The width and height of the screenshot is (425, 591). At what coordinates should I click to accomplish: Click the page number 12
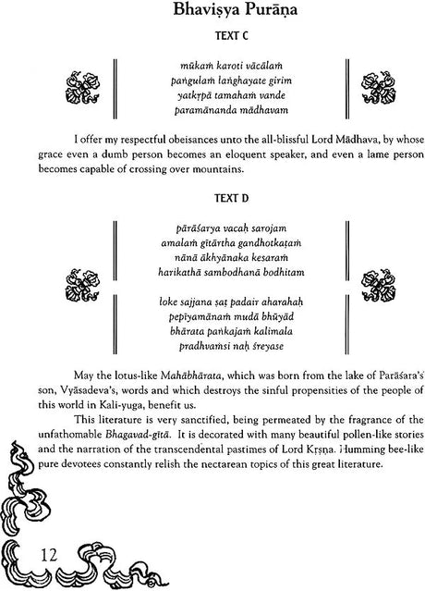pos(32,557)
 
